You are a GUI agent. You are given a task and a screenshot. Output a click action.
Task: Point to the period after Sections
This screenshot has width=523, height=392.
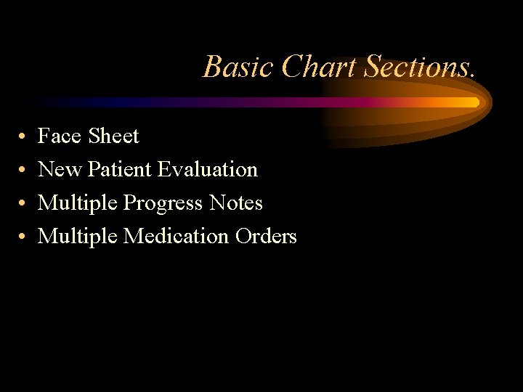click(473, 75)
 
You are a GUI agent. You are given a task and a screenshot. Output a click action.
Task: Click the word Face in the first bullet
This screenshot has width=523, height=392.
click(60, 136)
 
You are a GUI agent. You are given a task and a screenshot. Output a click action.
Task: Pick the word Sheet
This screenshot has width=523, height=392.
click(113, 136)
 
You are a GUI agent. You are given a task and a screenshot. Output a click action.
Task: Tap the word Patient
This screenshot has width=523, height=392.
click(119, 169)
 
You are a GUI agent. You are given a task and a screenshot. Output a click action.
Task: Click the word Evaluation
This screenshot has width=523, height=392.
click(208, 169)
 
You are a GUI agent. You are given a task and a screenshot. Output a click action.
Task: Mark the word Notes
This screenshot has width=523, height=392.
click(235, 203)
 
